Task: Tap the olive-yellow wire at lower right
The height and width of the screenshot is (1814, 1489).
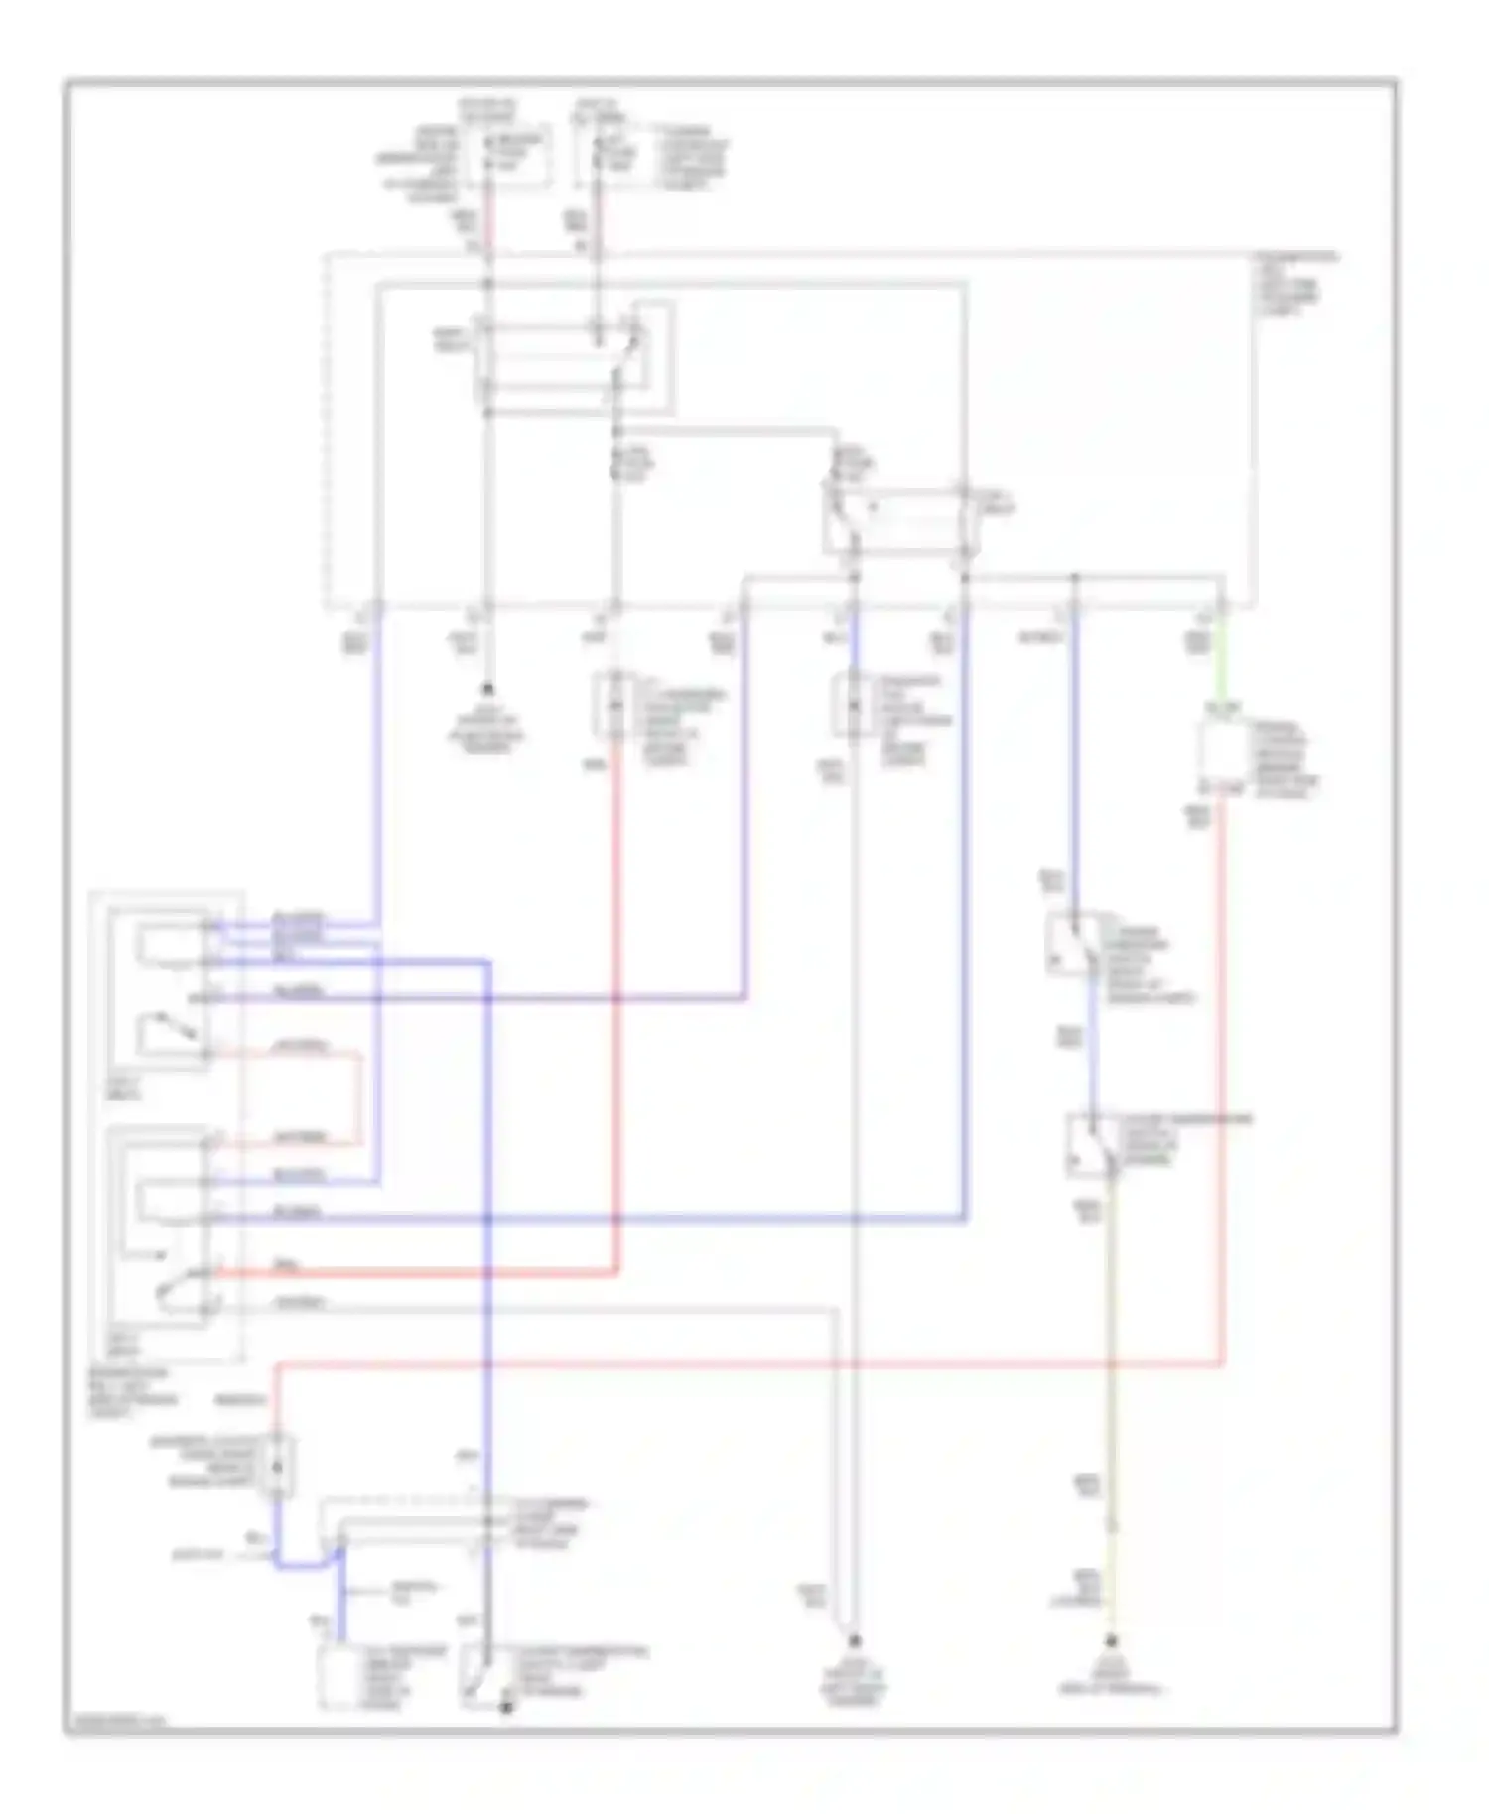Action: pyautogui.click(x=1112, y=1389)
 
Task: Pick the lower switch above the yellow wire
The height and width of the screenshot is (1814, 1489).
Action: pyautogui.click(x=1092, y=1146)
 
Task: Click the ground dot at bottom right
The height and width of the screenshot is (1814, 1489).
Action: pyautogui.click(x=1112, y=1642)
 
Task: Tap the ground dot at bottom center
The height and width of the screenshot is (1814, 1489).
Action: pyautogui.click(x=854, y=1642)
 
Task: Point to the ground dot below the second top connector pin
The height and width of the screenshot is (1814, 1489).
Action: pyautogui.click(x=487, y=688)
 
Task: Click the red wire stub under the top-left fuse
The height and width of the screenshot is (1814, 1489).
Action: pyautogui.click(x=488, y=226)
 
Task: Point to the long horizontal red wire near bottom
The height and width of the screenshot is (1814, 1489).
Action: pyautogui.click(x=744, y=1365)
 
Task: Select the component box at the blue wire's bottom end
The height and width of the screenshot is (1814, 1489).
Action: pyautogui.click(x=342, y=1677)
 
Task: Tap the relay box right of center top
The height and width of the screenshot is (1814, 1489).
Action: pyautogui.click(x=898, y=519)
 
